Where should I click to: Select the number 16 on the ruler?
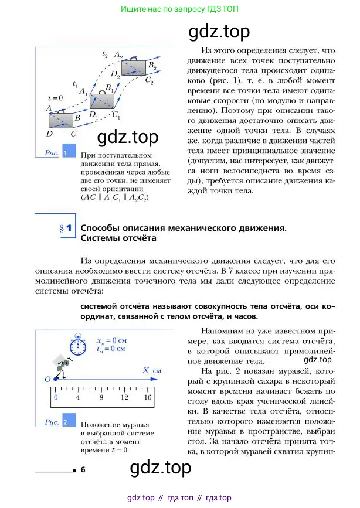147,397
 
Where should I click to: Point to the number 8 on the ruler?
101,397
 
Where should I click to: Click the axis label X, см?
151,371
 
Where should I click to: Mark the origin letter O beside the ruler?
47,379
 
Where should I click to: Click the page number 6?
83,469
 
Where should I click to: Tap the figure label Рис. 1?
59,152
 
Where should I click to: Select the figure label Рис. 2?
59,421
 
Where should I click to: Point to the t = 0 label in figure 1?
55,98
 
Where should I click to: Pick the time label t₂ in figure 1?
104,54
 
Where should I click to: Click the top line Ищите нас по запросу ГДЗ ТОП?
179,9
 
